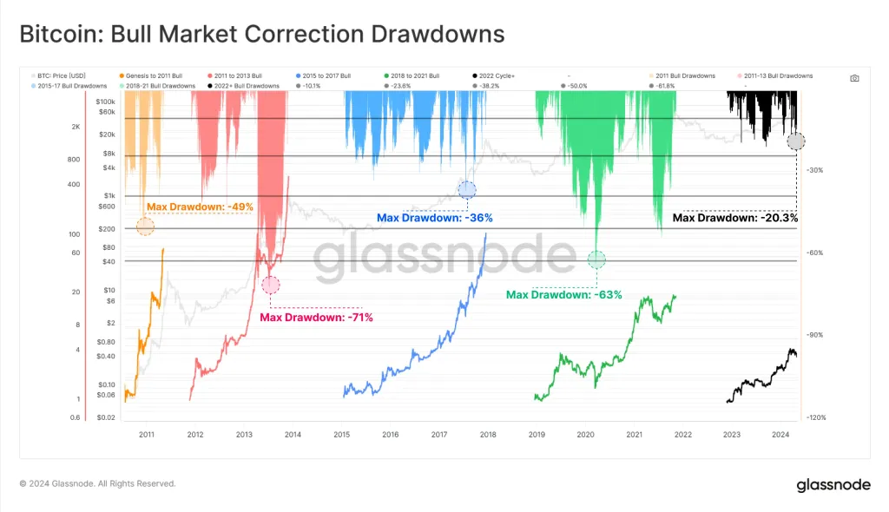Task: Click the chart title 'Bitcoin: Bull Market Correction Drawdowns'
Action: [x=261, y=34]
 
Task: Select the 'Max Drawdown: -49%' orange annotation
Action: [x=199, y=207]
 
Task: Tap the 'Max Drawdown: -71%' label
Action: [x=316, y=317]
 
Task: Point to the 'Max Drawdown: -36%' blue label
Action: [x=428, y=218]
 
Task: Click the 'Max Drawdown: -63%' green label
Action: [x=564, y=295]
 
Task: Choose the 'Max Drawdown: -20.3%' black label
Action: [x=734, y=218]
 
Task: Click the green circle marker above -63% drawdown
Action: [x=596, y=259]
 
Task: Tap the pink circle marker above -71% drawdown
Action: [x=271, y=285]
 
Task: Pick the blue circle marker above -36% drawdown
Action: [x=467, y=190]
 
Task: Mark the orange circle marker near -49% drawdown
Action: [x=145, y=226]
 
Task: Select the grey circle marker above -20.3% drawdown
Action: [x=796, y=141]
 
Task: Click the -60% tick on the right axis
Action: [x=815, y=253]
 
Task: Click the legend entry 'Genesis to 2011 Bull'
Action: [x=151, y=76]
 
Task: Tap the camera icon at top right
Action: [x=854, y=78]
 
